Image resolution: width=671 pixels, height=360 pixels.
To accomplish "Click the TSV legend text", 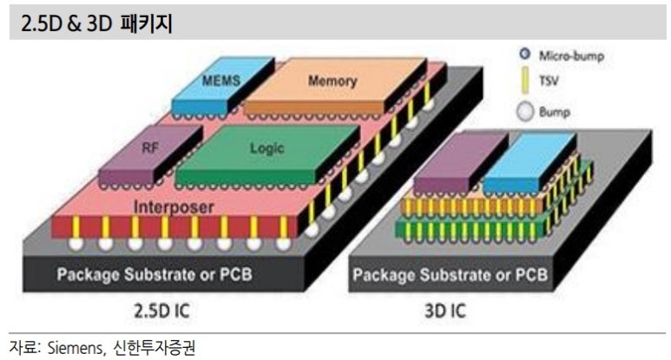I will (550, 83).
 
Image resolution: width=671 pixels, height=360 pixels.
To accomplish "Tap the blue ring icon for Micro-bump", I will (524, 56).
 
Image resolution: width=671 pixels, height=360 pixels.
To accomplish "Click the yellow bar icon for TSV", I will (524, 83).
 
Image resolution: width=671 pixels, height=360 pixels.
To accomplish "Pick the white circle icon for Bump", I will (524, 111).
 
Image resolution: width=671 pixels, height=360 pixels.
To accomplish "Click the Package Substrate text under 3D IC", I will (451, 275).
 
